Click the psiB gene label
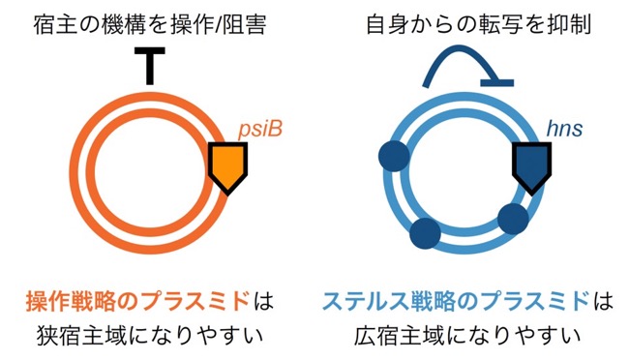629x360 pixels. (x=260, y=130)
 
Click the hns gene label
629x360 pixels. (x=564, y=130)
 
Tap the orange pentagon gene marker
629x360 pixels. (x=227, y=169)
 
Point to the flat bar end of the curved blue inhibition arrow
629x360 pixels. (x=497, y=83)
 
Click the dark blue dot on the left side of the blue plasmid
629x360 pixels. (x=394, y=156)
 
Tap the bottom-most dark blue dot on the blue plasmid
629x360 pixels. (x=425, y=233)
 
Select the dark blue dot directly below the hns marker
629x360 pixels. (x=513, y=219)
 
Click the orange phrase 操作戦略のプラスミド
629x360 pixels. (x=138, y=302)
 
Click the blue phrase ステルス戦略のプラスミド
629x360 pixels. (x=457, y=302)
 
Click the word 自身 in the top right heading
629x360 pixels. (x=389, y=25)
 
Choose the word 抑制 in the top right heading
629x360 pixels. (x=569, y=25)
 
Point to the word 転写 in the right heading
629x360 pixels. (x=501, y=25)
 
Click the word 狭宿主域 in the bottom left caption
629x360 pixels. (x=82, y=337)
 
